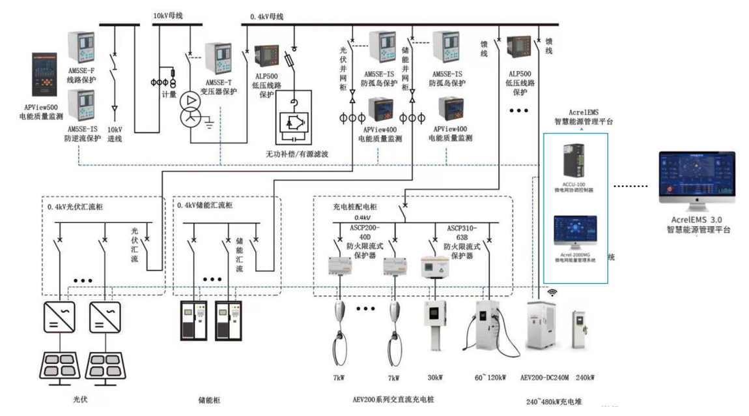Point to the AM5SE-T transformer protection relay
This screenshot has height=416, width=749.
(219, 59)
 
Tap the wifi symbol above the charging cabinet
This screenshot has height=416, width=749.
(553, 293)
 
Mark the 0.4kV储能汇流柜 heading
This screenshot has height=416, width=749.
(205, 205)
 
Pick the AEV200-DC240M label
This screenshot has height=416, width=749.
(544, 378)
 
